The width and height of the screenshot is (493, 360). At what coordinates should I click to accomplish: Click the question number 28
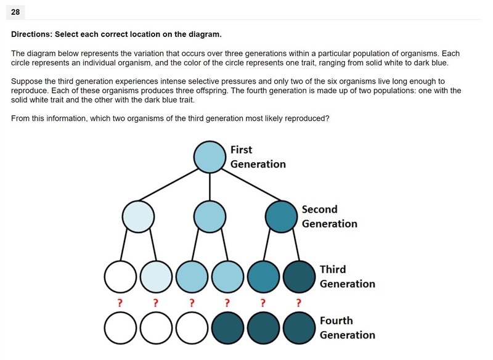15,12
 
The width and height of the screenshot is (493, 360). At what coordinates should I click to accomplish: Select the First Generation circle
210,157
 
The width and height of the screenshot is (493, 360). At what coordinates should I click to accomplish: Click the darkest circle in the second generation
281,216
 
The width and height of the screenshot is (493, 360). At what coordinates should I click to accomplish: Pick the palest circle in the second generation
138,216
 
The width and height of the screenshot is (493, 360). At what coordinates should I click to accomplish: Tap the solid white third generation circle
120,277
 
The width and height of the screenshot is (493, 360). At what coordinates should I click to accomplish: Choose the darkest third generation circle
299,277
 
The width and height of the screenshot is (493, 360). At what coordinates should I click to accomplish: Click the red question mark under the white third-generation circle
120,303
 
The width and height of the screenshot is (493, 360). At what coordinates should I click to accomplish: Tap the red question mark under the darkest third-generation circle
298,303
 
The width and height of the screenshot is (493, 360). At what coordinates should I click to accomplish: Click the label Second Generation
330,216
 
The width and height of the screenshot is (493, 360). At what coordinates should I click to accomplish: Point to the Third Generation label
348,276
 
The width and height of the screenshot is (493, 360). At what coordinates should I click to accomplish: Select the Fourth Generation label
348,327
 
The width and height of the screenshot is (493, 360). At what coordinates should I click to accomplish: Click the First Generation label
258,157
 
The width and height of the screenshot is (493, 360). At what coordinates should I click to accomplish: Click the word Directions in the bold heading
31,35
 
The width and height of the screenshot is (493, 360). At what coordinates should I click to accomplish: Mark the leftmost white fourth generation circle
120,328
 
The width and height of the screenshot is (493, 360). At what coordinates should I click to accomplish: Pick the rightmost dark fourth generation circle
299,328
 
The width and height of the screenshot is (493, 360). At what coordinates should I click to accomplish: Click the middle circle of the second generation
210,216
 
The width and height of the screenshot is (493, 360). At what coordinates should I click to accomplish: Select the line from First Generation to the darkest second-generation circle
251,184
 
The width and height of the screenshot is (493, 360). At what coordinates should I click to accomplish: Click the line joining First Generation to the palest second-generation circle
168,184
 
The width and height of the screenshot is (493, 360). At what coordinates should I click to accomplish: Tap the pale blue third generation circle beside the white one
157,277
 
